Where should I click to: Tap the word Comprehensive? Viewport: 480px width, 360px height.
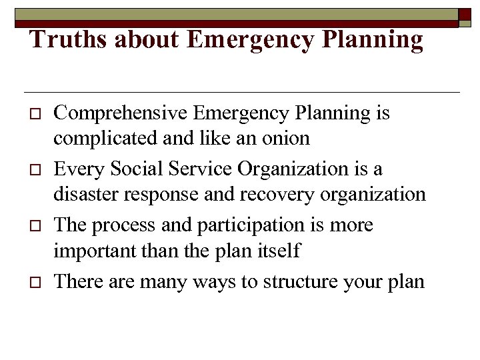(121, 114)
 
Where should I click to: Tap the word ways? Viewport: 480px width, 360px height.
(209, 281)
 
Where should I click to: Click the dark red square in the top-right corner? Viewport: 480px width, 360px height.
(465, 17)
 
